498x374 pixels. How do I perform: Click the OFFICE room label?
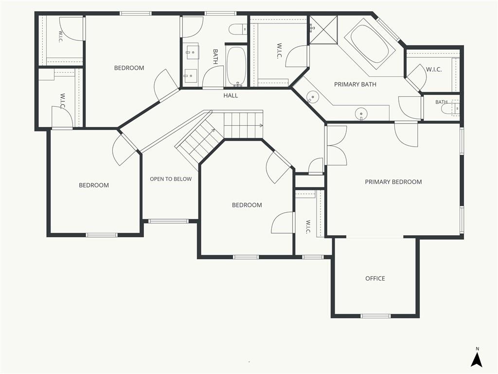(375, 279)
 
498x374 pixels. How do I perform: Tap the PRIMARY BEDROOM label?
(393, 182)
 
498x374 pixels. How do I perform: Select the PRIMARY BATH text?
(355, 84)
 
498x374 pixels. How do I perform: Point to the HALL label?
(231, 95)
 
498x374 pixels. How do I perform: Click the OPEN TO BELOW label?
(171, 179)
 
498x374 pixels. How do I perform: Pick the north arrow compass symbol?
(477, 357)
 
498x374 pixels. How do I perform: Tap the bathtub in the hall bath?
(236, 66)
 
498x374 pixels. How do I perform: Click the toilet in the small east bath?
(450, 109)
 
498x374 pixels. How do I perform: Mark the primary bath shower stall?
(323, 30)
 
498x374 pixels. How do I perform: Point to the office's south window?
(375, 316)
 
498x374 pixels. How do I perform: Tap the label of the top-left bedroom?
(129, 68)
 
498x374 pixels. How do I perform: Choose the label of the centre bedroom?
(247, 205)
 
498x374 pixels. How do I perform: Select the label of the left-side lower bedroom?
(94, 185)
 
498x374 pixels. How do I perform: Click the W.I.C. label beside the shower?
(279, 51)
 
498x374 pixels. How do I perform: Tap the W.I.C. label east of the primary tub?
(433, 69)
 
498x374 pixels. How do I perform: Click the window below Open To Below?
(168, 221)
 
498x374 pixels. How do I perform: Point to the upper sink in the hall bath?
(192, 52)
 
